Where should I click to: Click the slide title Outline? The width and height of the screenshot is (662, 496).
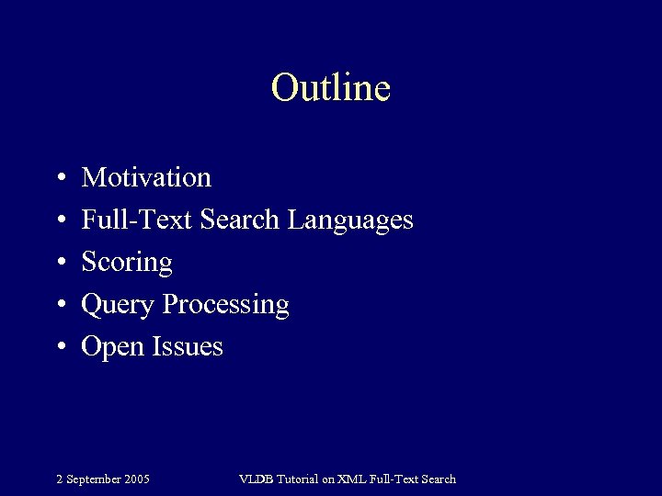pos(331,88)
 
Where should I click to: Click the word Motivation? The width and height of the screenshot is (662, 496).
pos(146,177)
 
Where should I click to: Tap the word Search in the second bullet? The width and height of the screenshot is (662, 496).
pos(241,220)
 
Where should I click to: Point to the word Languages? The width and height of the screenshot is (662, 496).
pos(350,220)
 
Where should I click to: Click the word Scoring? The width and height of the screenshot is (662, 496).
pos(127,263)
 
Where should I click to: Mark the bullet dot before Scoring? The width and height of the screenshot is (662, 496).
pos(59,263)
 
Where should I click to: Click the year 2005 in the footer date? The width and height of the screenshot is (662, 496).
pos(136,479)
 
